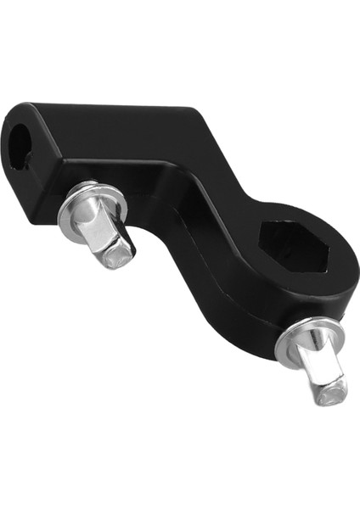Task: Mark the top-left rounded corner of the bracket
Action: pyautogui.click(x=17, y=110)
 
